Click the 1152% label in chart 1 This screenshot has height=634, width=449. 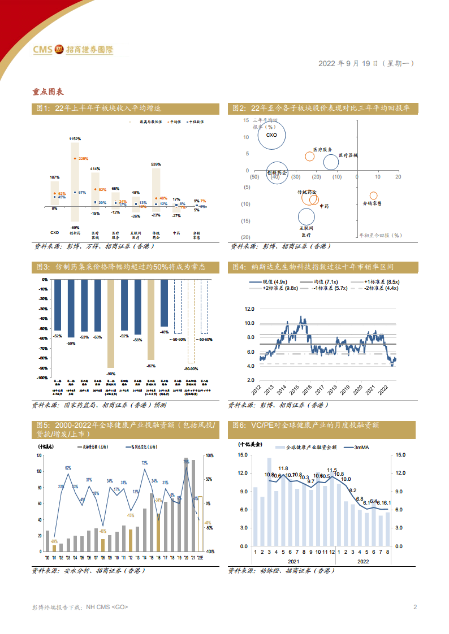click(75, 138)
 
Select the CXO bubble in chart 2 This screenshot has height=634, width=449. click(271, 135)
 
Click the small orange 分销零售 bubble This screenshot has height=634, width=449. click(373, 196)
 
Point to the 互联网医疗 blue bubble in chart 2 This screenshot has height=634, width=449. click(306, 216)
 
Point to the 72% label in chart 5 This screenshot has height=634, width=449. click(144, 463)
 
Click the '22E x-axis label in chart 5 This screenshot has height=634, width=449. click(200, 557)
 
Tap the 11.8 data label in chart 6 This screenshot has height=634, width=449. click(283, 468)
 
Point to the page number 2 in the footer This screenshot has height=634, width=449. click(415, 607)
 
